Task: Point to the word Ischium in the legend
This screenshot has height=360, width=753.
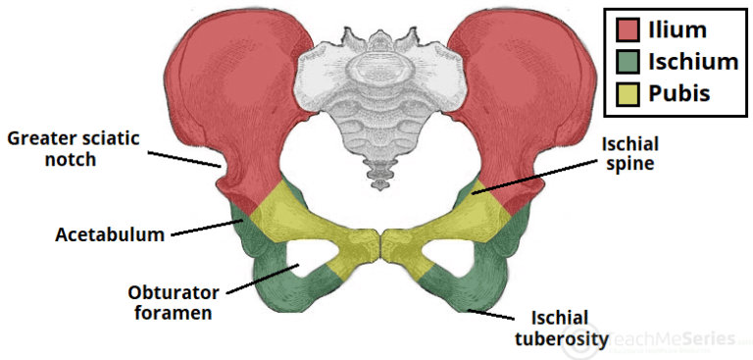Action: click(692, 62)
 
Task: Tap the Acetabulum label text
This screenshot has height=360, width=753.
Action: click(108, 235)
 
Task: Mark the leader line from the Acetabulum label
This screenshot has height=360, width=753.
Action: click(206, 229)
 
